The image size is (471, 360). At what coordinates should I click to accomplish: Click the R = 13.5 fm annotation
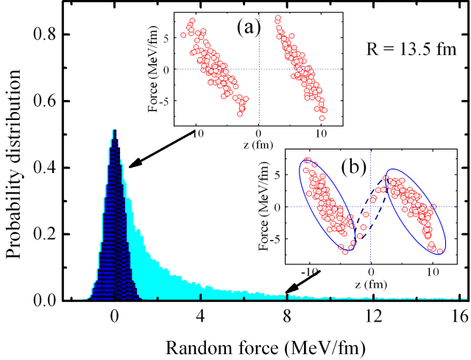[x=412, y=50]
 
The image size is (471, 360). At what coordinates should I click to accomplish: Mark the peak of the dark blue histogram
[x=114, y=131]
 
